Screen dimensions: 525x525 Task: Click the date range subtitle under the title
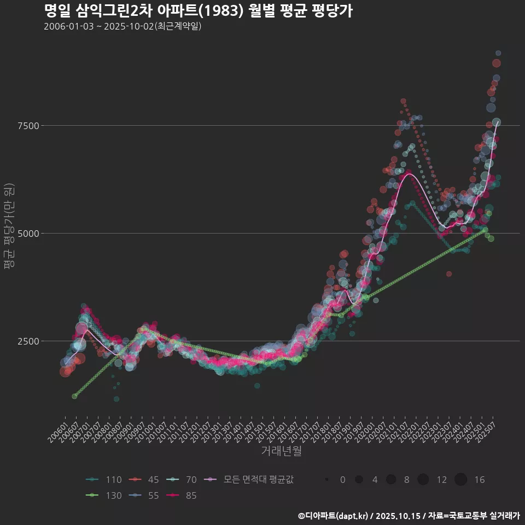click(x=122, y=26)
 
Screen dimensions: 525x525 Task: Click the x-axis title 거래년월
click(x=281, y=451)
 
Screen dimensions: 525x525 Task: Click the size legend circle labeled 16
click(x=460, y=480)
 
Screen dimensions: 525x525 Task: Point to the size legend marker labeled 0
click(x=327, y=480)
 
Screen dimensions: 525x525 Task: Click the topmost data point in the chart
click(x=498, y=53)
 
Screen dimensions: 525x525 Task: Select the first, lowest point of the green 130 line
click(x=74, y=396)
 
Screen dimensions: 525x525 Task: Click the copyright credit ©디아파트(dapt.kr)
click(x=334, y=516)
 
